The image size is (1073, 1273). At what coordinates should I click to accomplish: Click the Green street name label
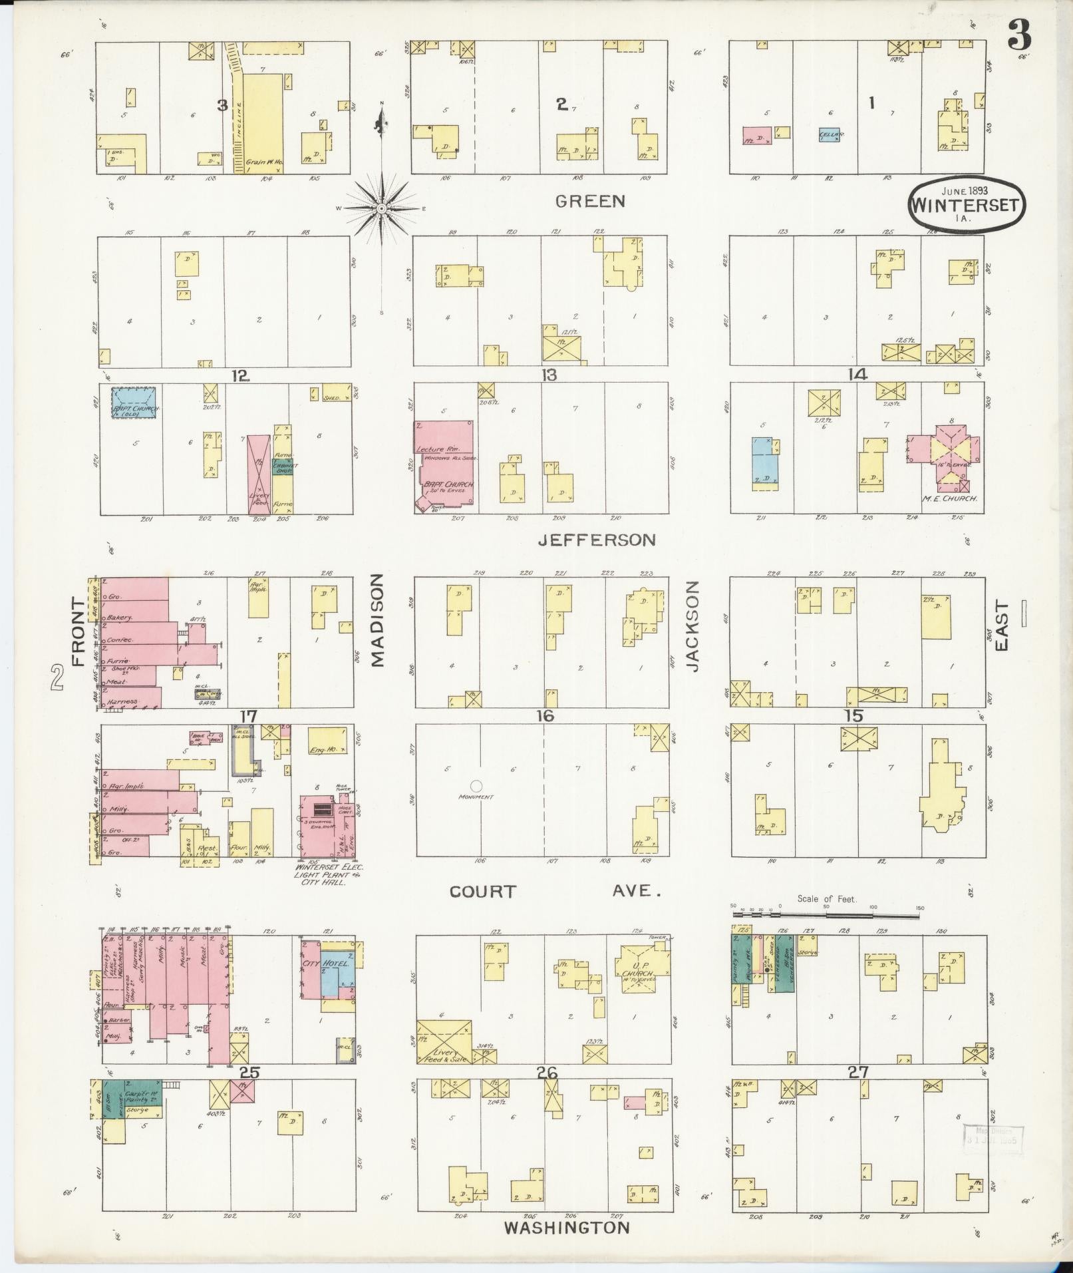pyautogui.click(x=589, y=201)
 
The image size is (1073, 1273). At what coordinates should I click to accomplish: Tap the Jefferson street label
pyautogui.click(x=596, y=540)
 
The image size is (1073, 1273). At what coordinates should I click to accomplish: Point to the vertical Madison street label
pyautogui.click(x=377, y=621)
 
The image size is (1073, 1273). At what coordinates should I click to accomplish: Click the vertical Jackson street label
pyautogui.click(x=693, y=626)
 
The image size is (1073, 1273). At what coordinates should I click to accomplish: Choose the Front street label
pyautogui.click(x=79, y=632)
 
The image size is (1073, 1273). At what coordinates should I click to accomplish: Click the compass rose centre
pyautogui.click(x=382, y=208)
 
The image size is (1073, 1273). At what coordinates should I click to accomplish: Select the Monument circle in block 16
pyautogui.click(x=476, y=785)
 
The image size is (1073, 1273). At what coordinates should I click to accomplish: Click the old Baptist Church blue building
pyautogui.click(x=134, y=404)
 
